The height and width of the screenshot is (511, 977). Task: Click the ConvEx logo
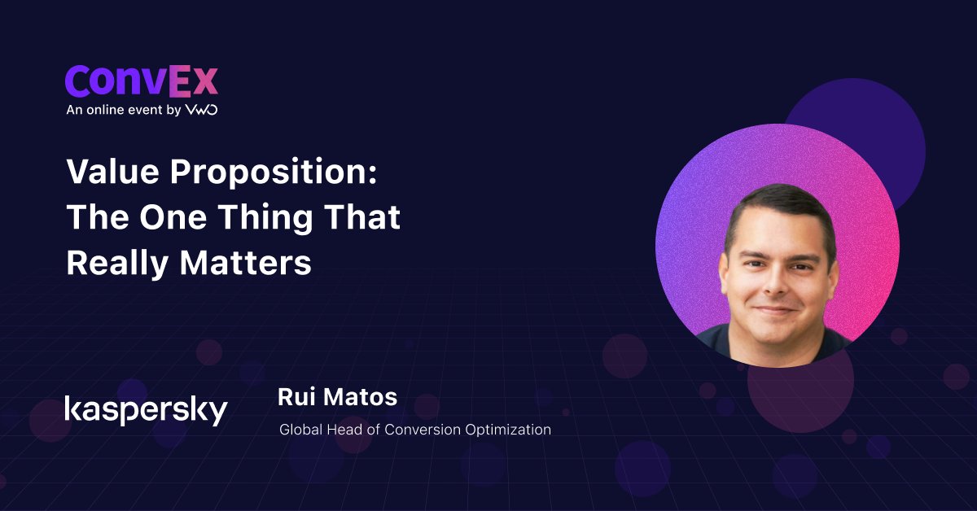tap(142, 81)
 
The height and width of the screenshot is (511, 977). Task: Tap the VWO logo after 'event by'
tap(202, 110)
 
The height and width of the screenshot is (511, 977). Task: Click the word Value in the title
tap(113, 172)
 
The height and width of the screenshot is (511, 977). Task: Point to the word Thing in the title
tap(265, 218)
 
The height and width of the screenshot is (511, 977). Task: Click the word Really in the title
tap(118, 264)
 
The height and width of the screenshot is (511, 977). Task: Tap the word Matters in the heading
tap(246, 263)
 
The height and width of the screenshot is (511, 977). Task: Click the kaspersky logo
tap(146, 410)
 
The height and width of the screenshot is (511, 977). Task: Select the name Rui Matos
tap(338, 397)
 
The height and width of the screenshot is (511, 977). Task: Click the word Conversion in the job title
tap(423, 430)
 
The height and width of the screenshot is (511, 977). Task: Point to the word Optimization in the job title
tap(508, 430)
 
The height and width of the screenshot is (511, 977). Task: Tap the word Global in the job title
tap(301, 430)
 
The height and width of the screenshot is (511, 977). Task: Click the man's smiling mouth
tap(775, 310)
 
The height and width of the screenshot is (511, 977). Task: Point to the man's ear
tap(723, 275)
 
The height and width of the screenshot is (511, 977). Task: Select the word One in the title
tap(173, 217)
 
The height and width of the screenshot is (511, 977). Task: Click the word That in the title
tap(362, 216)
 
